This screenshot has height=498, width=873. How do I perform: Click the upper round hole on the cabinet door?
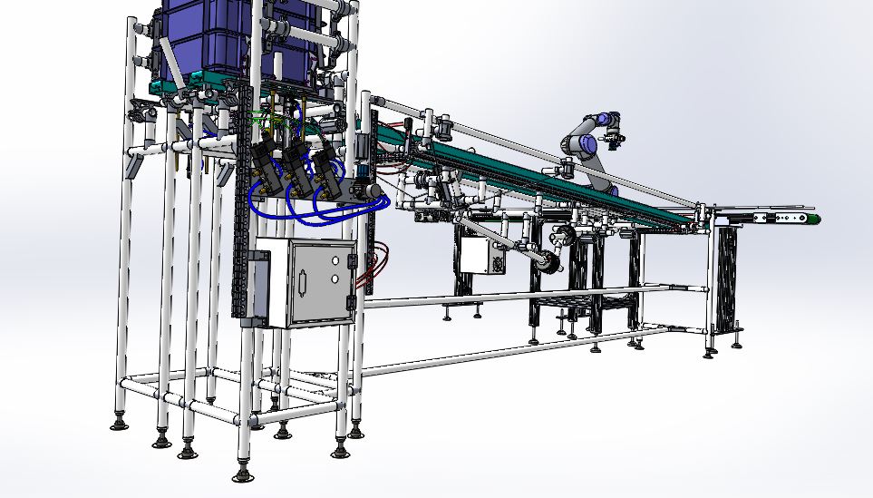click(x=335, y=259)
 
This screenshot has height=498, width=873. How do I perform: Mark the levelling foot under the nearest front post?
click(x=242, y=472)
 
